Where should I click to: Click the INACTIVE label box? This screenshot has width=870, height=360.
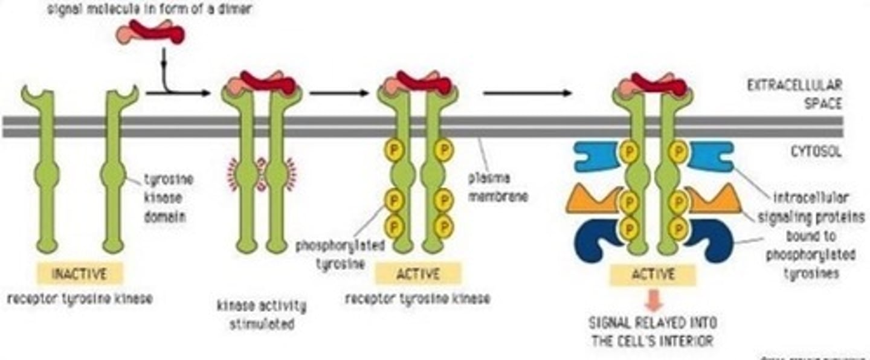(79, 274)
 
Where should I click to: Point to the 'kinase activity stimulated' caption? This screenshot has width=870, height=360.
(262, 315)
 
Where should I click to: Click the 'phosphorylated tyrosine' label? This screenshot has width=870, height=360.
(329, 255)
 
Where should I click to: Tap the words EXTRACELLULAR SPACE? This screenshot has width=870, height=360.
(794, 94)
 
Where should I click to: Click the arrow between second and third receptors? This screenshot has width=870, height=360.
(338, 93)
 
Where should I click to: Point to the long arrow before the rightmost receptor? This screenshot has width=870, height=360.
(527, 93)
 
